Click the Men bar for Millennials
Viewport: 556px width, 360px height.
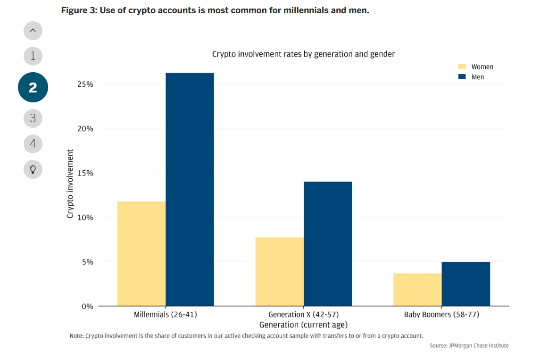coord(190,189)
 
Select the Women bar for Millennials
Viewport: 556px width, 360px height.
coord(141,253)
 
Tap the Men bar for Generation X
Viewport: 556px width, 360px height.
coord(328,243)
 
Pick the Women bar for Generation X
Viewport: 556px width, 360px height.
coord(280,271)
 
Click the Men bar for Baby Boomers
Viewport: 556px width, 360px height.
coord(466,284)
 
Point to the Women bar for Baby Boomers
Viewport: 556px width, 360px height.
coord(417,289)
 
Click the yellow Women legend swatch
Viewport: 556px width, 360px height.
coord(462,67)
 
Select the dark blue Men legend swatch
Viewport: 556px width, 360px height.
coord(462,77)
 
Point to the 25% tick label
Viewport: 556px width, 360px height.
coord(85,84)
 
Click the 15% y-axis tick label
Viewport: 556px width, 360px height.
coord(85,173)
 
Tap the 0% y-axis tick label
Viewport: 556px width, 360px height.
coord(87,306)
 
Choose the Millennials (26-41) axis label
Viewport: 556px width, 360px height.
coord(165,314)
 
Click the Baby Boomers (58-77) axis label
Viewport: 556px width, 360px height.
coord(441,314)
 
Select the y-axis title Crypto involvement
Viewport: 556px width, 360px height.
coord(70,184)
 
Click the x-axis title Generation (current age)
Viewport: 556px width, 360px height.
coord(303,325)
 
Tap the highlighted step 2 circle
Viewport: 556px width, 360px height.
coord(33,87)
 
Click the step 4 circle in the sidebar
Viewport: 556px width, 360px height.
coord(33,143)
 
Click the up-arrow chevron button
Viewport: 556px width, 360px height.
coord(33,31)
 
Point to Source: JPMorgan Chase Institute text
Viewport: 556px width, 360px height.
coord(469,346)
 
